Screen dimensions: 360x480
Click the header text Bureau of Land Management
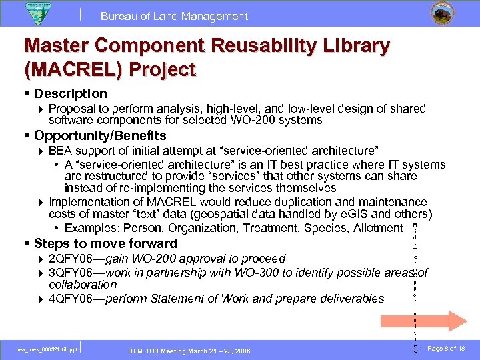(174, 17)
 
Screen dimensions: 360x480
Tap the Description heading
(70, 94)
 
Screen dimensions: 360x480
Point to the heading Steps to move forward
(105, 243)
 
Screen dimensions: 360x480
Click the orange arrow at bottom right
(448, 321)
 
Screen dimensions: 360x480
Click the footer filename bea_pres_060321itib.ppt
(47, 349)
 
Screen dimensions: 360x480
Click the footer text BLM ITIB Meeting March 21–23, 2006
(189, 351)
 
